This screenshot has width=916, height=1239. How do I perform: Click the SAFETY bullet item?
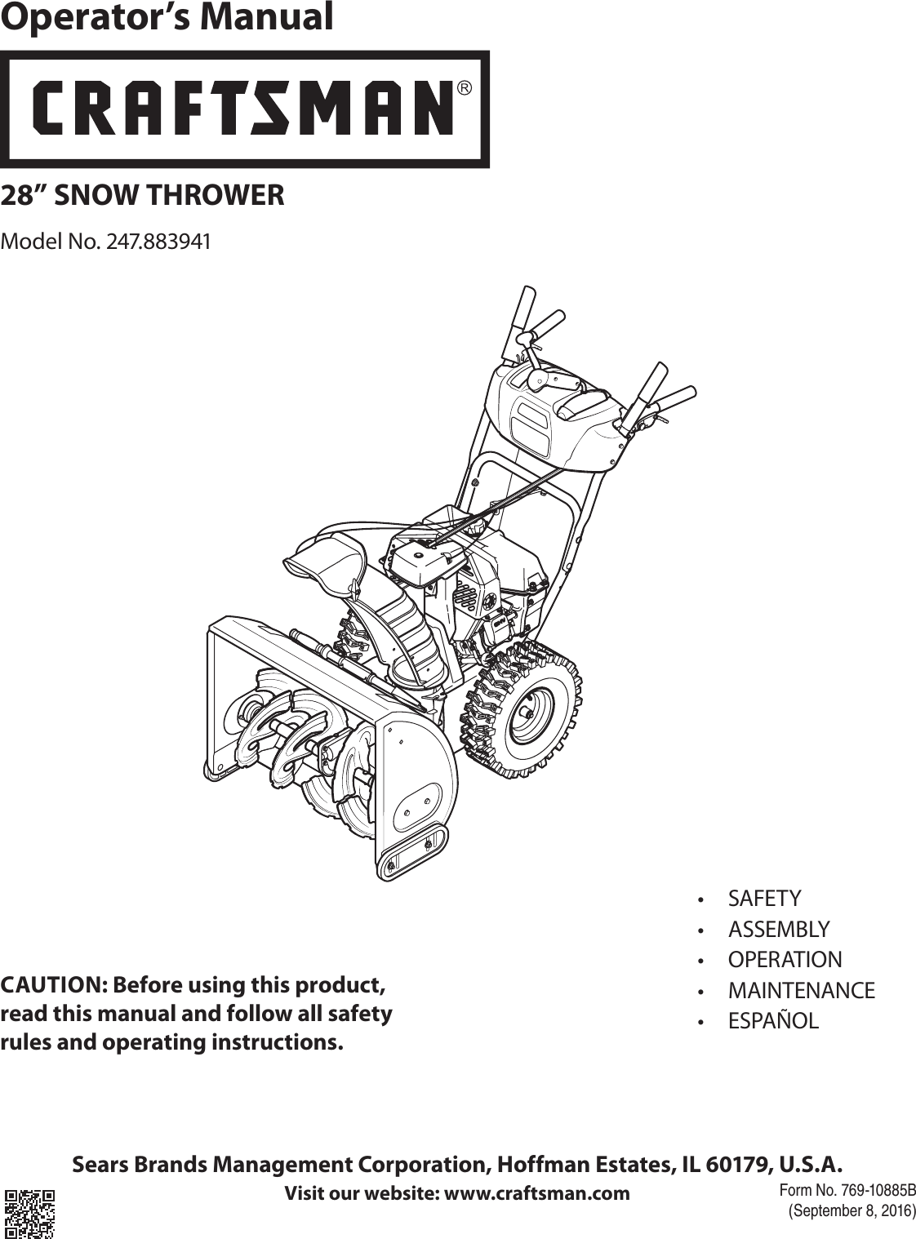(x=764, y=899)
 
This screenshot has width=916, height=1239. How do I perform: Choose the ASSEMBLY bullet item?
(x=778, y=929)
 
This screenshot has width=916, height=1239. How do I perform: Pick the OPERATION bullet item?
(x=785, y=959)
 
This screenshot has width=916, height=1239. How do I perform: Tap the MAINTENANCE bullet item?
(x=801, y=990)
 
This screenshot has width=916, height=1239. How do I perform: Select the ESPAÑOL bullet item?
(x=772, y=1021)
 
